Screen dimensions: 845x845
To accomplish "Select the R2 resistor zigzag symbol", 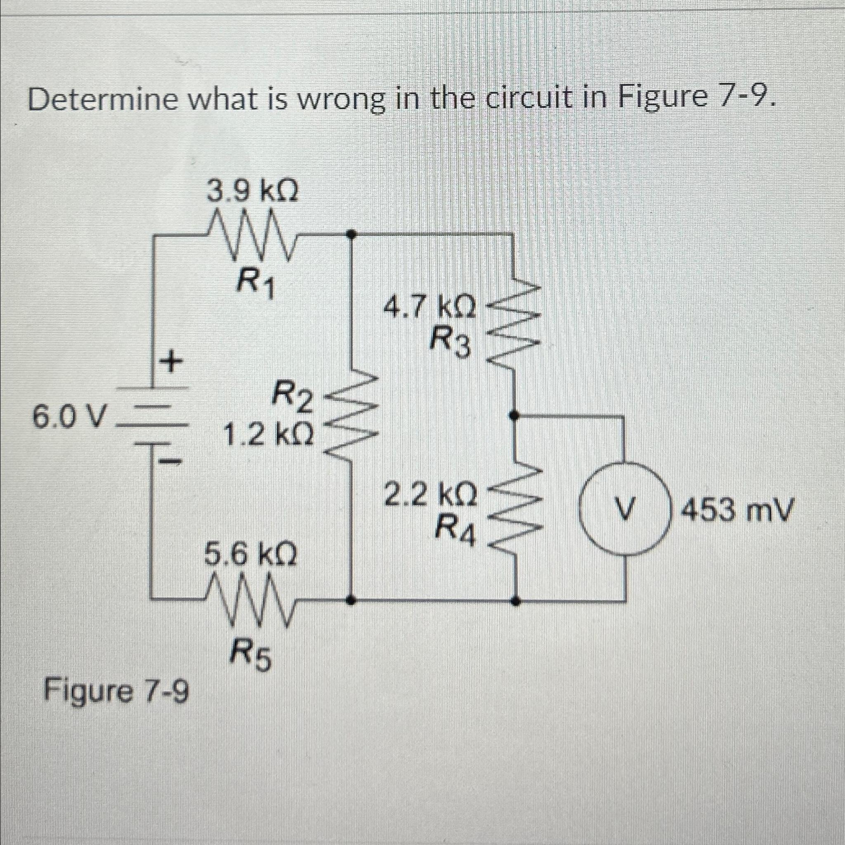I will (352, 414).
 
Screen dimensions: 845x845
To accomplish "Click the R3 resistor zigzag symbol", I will (515, 321).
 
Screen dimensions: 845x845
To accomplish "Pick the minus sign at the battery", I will (168, 460).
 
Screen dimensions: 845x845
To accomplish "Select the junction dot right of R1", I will (350, 234).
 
